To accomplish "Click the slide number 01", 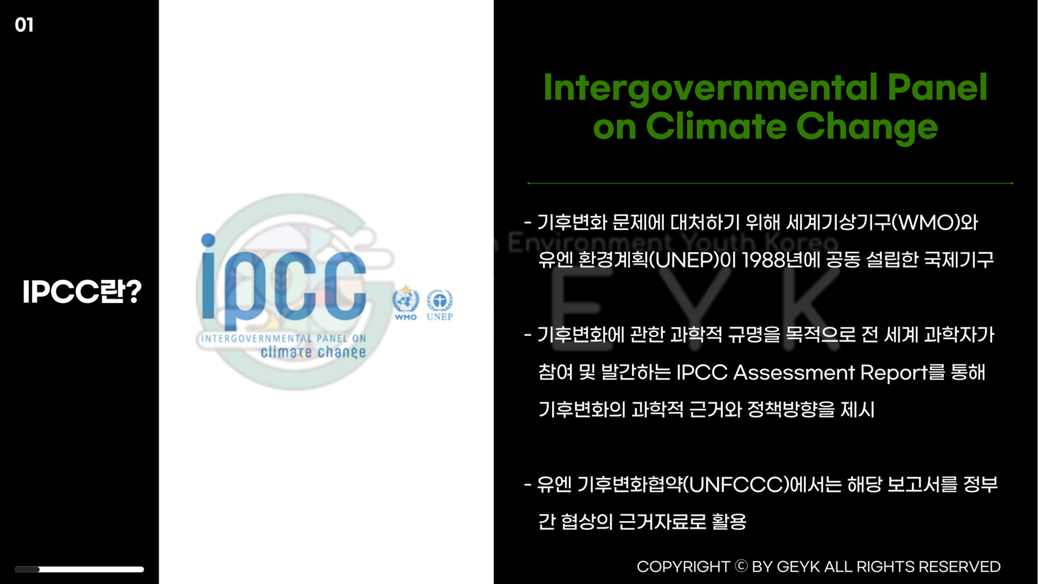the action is (24, 25).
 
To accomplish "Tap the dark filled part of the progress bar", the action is (27, 569).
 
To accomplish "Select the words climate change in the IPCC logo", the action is (313, 352).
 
